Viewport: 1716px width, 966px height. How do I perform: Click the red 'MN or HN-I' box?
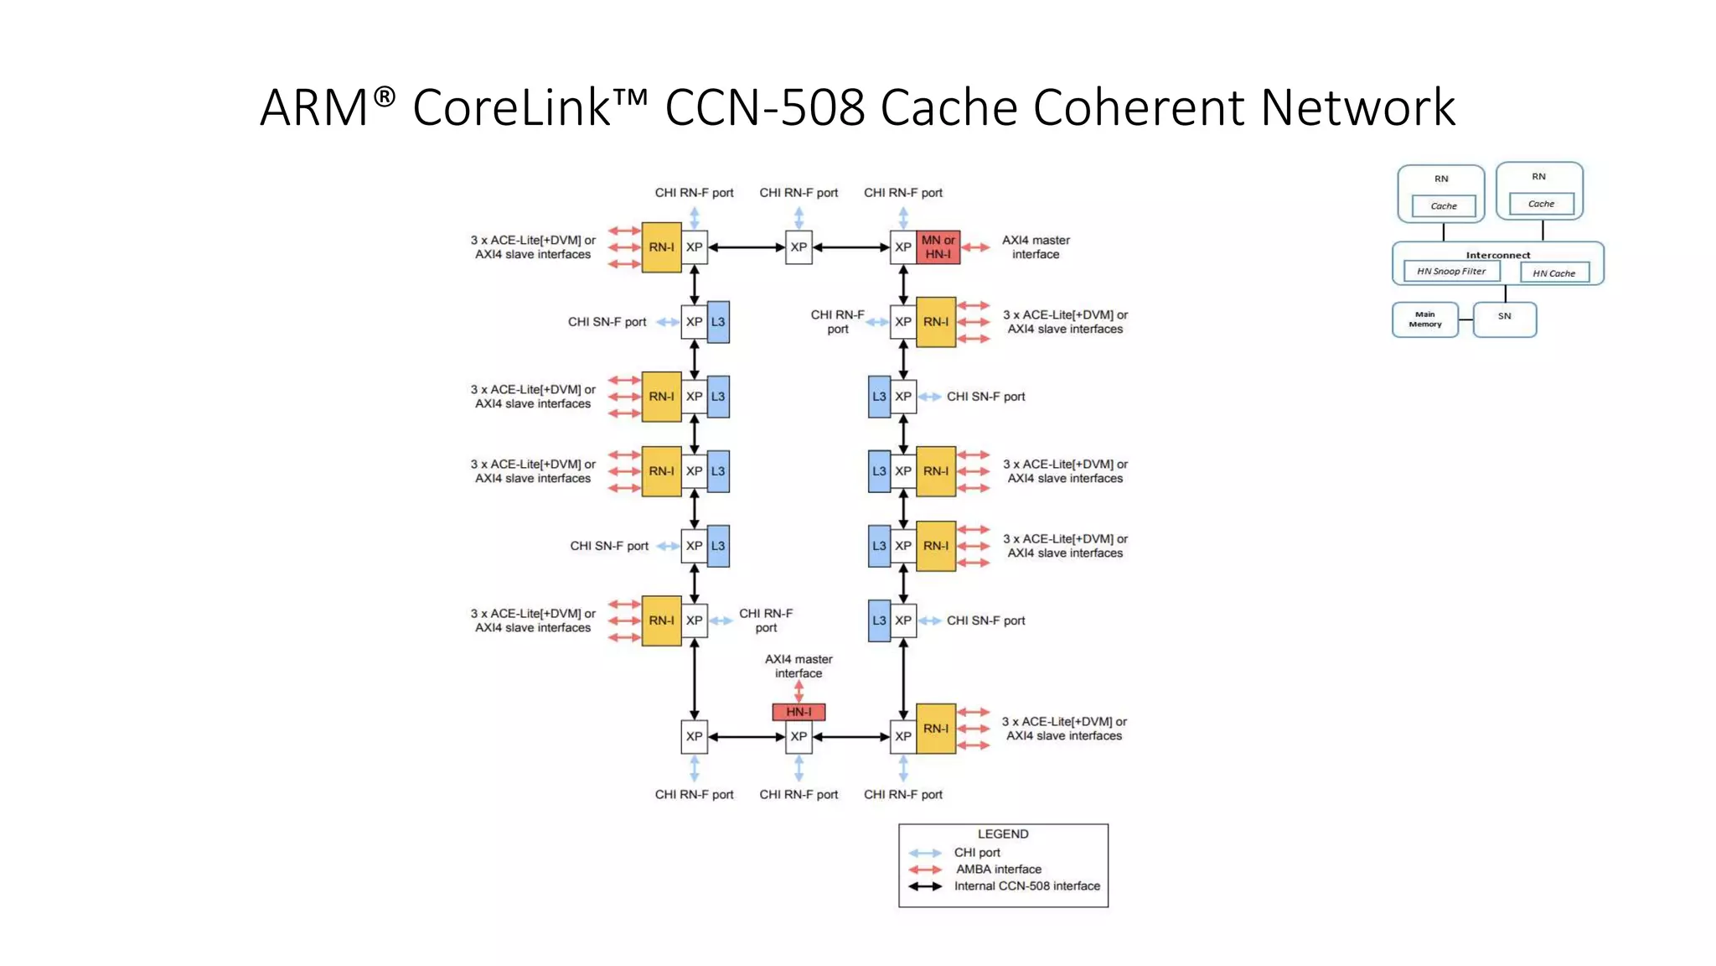click(938, 247)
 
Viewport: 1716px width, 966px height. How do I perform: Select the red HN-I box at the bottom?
click(799, 712)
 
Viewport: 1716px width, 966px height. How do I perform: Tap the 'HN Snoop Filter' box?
click(1451, 272)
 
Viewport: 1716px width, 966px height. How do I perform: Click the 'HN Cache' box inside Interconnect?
click(1554, 273)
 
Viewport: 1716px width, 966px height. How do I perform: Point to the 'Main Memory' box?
click(1425, 319)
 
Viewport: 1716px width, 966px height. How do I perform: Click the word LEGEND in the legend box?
click(1003, 834)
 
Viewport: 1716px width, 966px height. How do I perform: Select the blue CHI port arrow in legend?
click(925, 853)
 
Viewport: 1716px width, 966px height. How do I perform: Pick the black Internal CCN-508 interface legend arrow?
click(925, 886)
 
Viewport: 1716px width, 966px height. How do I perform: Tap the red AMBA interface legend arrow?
click(925, 870)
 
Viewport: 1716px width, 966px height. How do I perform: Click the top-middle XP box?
click(799, 247)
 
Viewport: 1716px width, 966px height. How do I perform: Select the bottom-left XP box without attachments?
click(694, 737)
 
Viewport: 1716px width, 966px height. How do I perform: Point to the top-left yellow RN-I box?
click(661, 247)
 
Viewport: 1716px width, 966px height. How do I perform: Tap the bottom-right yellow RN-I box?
click(936, 729)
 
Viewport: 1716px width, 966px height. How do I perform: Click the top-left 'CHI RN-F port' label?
click(694, 193)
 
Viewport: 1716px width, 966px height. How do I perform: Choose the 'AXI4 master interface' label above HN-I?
click(799, 666)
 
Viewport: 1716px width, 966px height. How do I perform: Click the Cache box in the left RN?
click(1443, 206)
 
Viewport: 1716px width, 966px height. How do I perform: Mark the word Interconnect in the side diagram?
click(1497, 255)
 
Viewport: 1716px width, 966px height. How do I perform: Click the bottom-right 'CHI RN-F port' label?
click(902, 794)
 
